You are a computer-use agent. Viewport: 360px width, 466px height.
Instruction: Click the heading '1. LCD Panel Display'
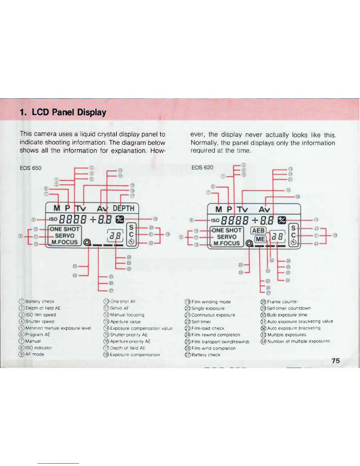[63, 112]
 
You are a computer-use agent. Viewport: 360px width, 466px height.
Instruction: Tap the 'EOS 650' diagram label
[31, 168]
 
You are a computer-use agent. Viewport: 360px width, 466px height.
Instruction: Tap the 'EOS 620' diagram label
[202, 167]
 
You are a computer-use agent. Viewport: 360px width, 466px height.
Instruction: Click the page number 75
[336, 361]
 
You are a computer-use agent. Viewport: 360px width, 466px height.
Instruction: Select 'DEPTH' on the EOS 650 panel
[124, 208]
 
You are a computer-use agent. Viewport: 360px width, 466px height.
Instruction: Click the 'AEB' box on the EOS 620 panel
[259, 230]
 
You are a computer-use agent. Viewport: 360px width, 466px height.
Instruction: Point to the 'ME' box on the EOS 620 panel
[260, 239]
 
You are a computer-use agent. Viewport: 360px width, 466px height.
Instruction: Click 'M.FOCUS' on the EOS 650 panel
[65, 242]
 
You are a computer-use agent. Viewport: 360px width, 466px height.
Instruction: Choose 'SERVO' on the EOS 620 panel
[226, 237]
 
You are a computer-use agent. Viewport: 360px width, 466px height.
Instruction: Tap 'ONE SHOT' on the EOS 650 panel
[65, 229]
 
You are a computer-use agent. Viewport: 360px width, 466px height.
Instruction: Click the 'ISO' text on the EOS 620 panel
[215, 220]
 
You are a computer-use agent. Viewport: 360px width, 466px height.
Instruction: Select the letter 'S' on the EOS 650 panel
[131, 227]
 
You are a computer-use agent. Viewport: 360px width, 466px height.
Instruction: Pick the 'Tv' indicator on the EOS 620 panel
[243, 209]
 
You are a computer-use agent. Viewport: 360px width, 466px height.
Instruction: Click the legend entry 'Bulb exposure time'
[287, 315]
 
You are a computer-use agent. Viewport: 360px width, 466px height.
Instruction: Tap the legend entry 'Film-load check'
[208, 328]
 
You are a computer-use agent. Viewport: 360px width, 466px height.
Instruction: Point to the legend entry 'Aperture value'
[125, 322]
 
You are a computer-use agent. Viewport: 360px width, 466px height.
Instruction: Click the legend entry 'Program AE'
[37, 334]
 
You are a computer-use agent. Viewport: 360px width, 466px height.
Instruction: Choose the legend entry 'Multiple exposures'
[286, 334]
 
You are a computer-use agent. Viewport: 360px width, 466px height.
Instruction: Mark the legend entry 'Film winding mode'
[211, 302]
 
